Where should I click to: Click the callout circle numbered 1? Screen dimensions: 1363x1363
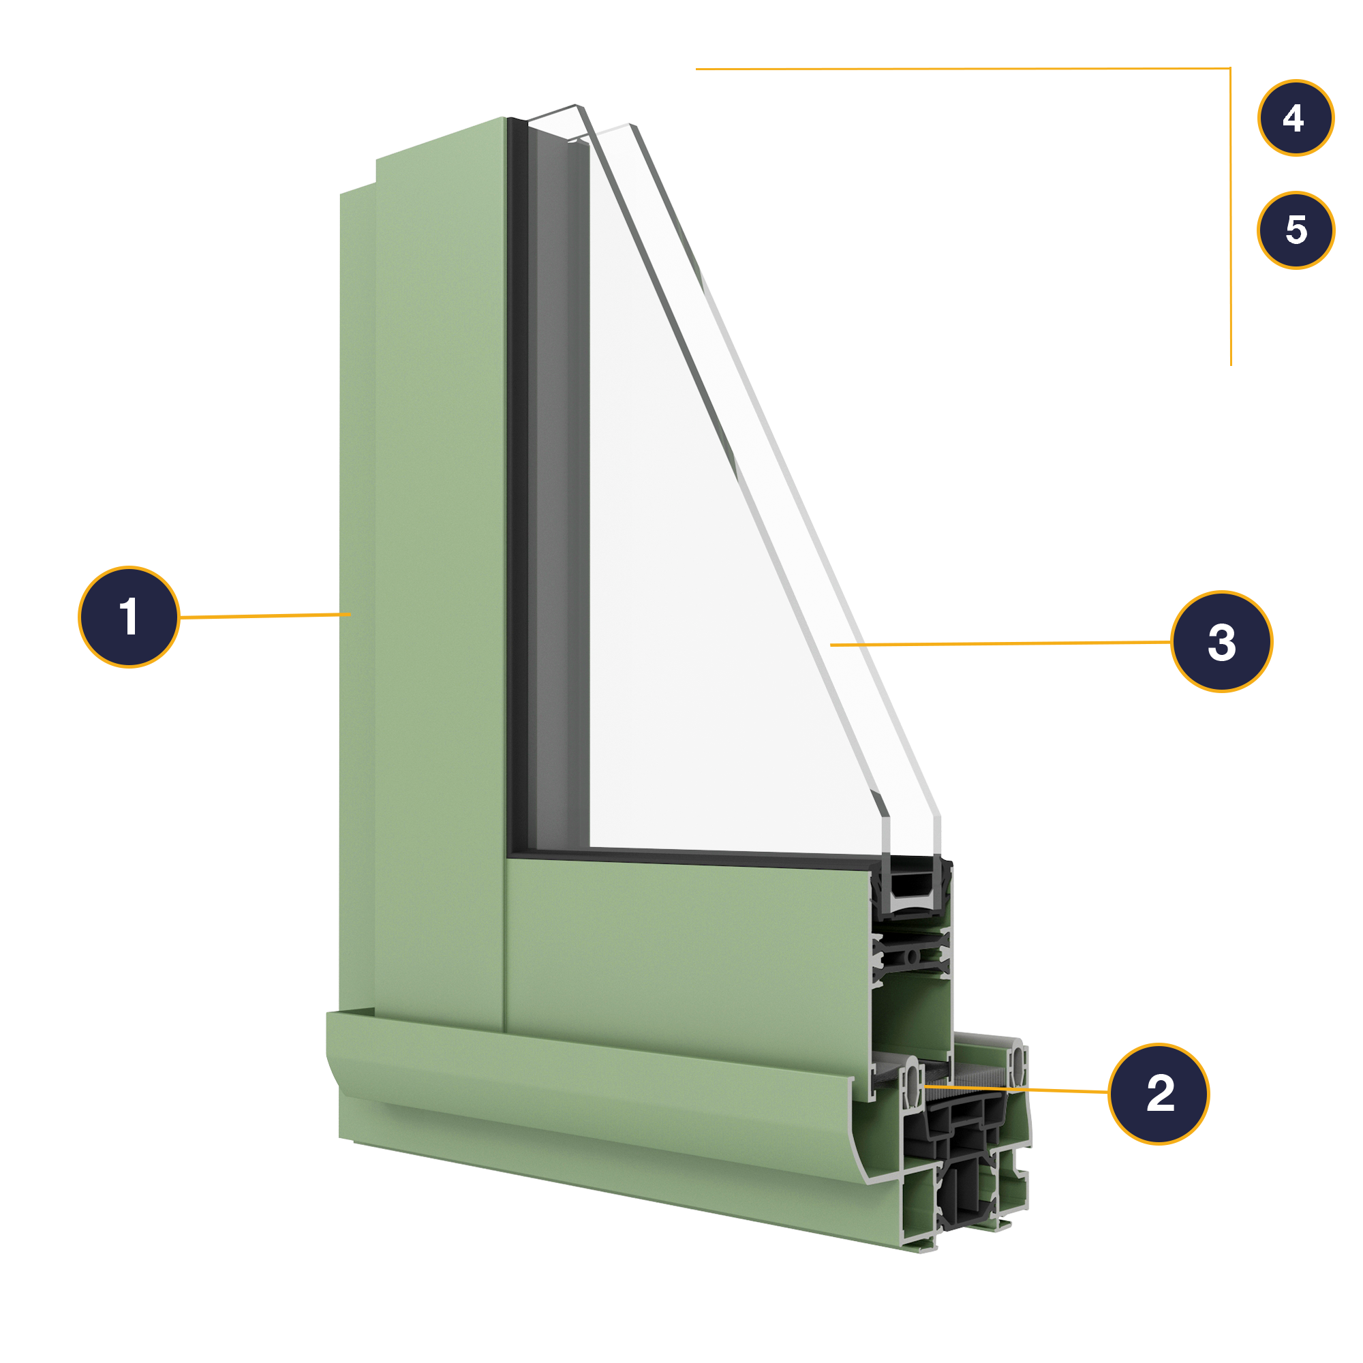tap(129, 617)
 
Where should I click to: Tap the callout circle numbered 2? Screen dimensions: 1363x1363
tap(1159, 1094)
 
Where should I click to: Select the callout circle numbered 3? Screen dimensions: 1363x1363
tap(1221, 642)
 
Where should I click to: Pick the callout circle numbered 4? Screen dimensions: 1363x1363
tap(1296, 118)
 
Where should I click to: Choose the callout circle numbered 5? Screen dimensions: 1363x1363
tap(1296, 230)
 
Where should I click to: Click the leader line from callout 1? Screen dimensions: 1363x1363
tap(264, 616)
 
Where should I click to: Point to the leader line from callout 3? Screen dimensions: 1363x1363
tap(1002, 643)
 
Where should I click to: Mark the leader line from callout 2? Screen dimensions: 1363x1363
tap(1016, 1090)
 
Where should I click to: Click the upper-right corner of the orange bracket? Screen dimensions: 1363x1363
tap(1230, 69)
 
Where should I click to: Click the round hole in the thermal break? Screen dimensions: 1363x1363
tap(911, 958)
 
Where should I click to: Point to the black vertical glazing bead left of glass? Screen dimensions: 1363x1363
tap(517, 494)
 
